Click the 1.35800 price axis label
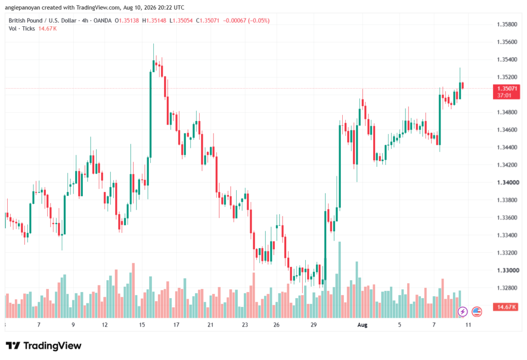pyautogui.click(x=507, y=25)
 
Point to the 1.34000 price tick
pyautogui.click(x=508, y=182)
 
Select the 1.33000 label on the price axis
pyautogui.click(x=508, y=270)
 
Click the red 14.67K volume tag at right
pyautogui.click(x=506, y=307)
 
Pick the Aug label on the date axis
pyautogui.click(x=362, y=325)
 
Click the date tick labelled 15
pyautogui.click(x=142, y=325)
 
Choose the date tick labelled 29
pyautogui.click(x=313, y=325)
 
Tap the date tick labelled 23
pyautogui.click(x=244, y=325)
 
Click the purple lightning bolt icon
pyautogui.click(x=463, y=312)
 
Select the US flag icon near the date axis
pyautogui.click(x=477, y=312)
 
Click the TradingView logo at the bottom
pyautogui.click(x=44, y=346)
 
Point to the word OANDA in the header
pyautogui.click(x=102, y=21)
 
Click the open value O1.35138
pyautogui.click(x=127, y=21)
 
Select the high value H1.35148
pyautogui.click(x=154, y=21)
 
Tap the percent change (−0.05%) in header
pyautogui.click(x=259, y=21)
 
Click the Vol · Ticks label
pyautogui.click(x=22, y=29)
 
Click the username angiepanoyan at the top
pyautogui.click(x=22, y=7)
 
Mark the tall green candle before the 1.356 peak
pyautogui.click(x=150, y=114)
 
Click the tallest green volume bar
pyautogui.click(x=340, y=280)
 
